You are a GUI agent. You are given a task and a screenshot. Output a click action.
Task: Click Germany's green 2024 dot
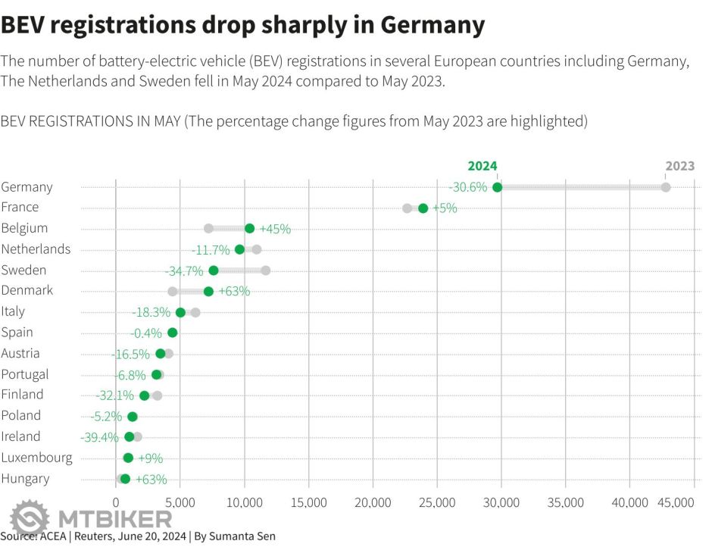(497, 187)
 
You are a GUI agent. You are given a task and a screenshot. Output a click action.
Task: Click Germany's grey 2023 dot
(666, 187)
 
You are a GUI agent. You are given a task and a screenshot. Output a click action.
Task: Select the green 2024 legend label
(482, 166)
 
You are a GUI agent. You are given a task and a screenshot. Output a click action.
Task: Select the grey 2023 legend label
(679, 166)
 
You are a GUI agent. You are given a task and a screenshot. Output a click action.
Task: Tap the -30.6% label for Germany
(467, 187)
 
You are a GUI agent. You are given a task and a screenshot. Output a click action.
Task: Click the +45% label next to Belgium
(275, 229)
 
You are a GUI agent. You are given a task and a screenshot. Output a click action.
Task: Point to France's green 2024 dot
(423, 208)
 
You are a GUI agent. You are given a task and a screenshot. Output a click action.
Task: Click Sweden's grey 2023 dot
(265, 270)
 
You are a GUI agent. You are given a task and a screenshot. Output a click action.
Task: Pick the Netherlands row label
(36, 249)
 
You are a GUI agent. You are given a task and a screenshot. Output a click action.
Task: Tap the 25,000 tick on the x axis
(437, 502)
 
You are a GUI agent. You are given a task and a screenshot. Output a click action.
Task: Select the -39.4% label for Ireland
(100, 437)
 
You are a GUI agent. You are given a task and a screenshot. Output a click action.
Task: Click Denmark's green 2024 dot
(208, 291)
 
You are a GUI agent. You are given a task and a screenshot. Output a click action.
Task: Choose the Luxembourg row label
(37, 458)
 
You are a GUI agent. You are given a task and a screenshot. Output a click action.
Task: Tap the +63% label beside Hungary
(151, 479)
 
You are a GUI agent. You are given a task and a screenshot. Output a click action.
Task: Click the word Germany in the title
(432, 24)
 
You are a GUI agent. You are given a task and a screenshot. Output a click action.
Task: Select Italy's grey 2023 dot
(195, 312)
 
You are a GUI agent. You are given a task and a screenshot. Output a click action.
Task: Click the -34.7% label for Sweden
(184, 270)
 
